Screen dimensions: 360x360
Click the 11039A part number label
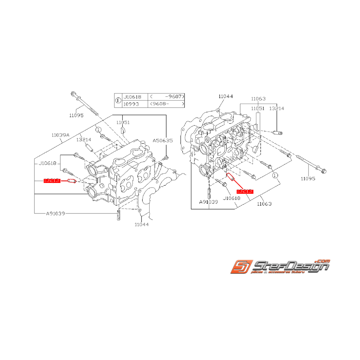coord(60,135)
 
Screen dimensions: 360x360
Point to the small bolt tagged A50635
coord(166,157)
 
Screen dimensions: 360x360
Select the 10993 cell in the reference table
coord(131,104)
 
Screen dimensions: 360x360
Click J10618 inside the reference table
coord(132,97)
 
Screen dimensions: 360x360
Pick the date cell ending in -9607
coord(167,97)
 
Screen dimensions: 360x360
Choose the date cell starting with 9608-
coord(167,104)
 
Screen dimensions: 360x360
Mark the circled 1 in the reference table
coord(118,101)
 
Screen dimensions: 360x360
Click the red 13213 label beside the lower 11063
coord(245,191)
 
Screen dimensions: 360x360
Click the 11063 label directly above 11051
coord(258,99)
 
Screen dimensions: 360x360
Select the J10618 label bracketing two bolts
coord(47,164)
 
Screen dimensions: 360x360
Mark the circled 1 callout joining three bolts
coord(275,175)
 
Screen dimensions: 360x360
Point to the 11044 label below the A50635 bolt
coord(142,224)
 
